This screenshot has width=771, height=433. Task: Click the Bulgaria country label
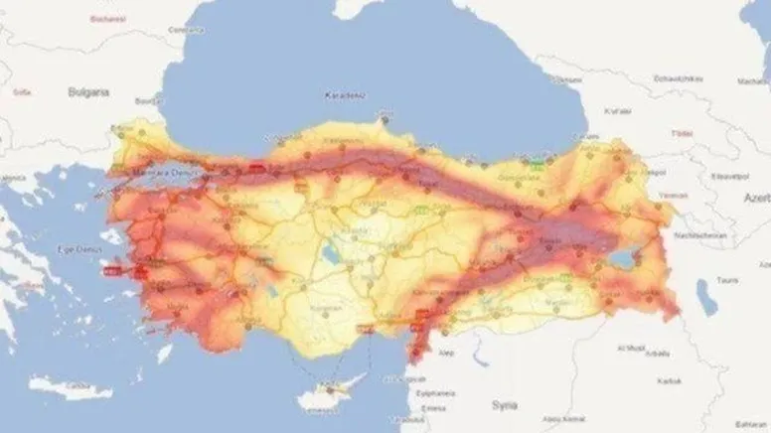pos(87,91)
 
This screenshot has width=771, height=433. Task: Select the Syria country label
pos(503,405)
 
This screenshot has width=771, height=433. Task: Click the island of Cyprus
pos(327,396)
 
